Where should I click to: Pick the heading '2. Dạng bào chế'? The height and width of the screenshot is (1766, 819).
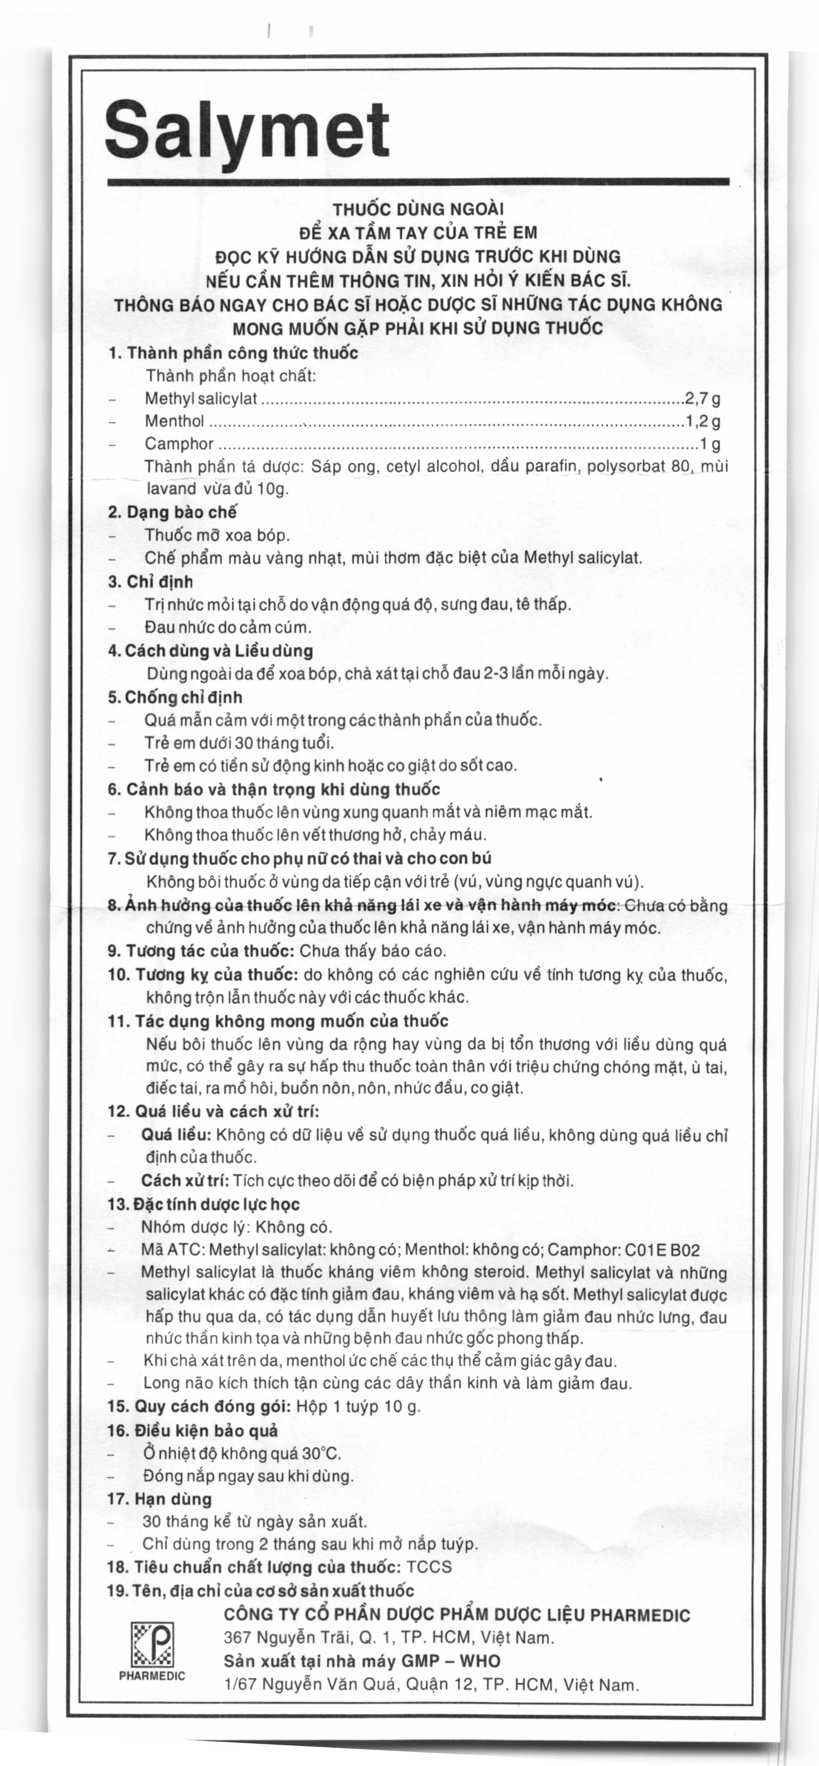click(172, 512)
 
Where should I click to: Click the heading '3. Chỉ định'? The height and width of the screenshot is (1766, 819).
click(151, 582)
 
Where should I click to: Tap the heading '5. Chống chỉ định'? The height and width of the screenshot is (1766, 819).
click(175, 697)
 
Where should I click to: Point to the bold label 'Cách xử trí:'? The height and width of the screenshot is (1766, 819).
click(185, 1181)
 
